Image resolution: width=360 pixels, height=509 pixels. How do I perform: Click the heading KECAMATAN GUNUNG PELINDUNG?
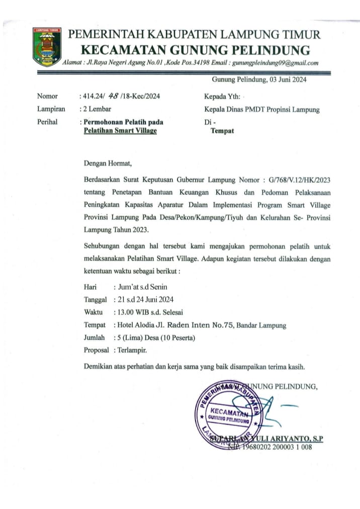[196, 50]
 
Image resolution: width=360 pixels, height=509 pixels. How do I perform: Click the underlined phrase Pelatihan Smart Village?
[120, 131]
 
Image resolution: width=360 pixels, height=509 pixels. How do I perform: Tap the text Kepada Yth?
[222, 96]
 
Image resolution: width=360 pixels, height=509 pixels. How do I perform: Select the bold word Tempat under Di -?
[222, 131]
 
